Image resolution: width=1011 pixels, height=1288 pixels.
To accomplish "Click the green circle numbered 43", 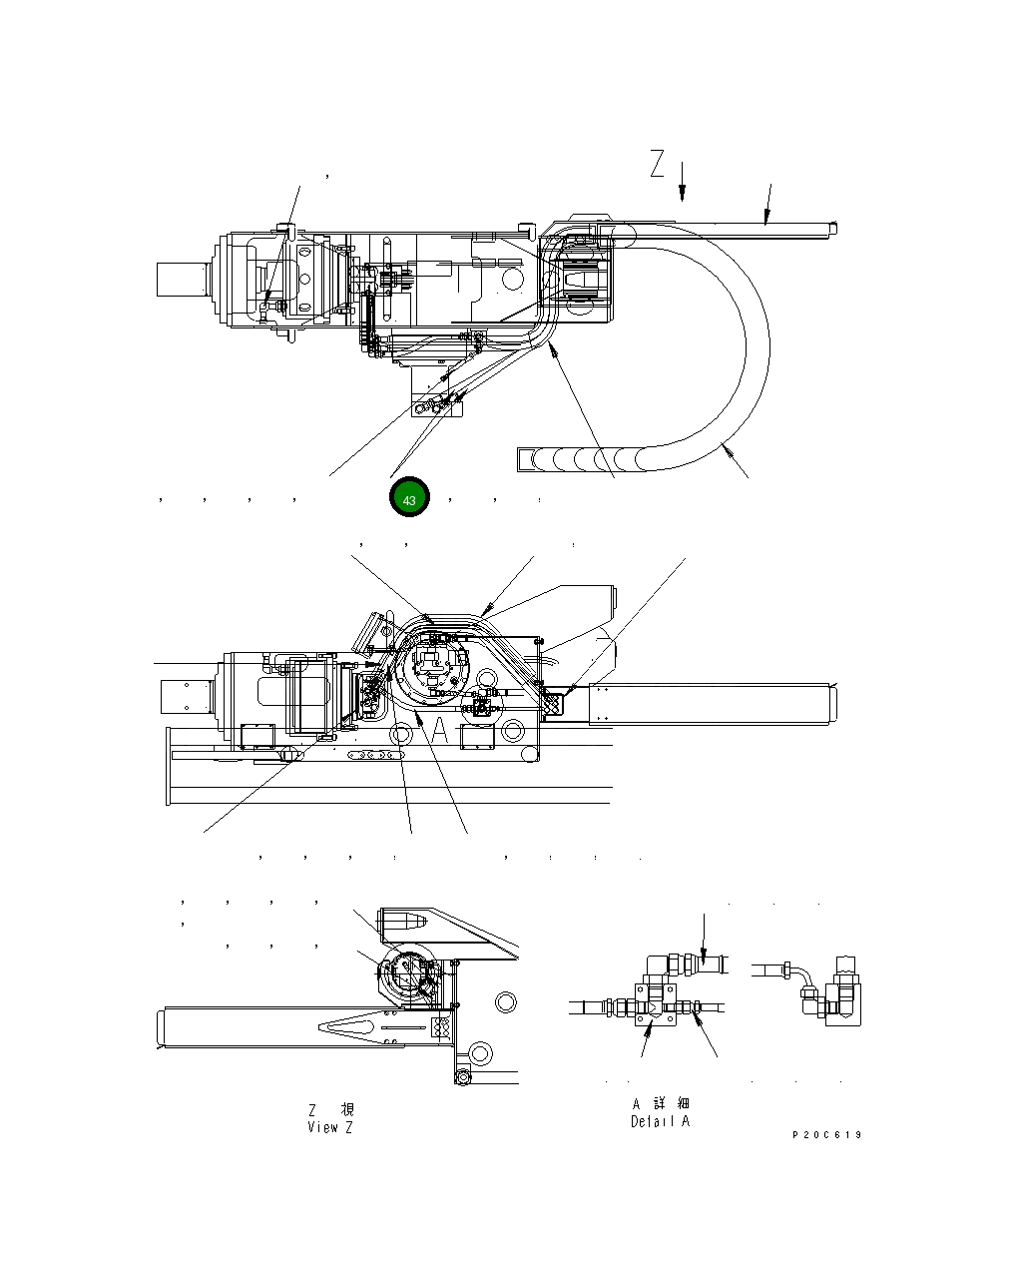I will click(409, 498).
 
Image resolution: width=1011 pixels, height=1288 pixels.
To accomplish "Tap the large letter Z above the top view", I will click(656, 164).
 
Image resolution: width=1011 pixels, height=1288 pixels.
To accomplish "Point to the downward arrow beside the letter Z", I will click(683, 181).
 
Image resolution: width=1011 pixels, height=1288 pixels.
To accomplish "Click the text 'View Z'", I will click(330, 1127).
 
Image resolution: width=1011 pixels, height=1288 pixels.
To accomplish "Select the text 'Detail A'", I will click(660, 1121).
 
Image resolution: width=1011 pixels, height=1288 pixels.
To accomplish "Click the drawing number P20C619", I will click(827, 1135).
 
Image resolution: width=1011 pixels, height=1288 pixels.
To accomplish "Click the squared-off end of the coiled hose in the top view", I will click(526, 459).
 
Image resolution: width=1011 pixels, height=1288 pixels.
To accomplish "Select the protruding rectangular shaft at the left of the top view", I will click(182, 278).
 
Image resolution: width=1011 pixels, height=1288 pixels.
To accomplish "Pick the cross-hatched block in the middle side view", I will click(553, 704).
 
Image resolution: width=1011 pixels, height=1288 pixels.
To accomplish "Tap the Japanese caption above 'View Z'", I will click(330, 1109).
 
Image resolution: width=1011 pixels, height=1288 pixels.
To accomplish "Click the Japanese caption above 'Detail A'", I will click(661, 1103).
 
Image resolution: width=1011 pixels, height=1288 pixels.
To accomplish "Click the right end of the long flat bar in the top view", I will click(831, 229).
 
